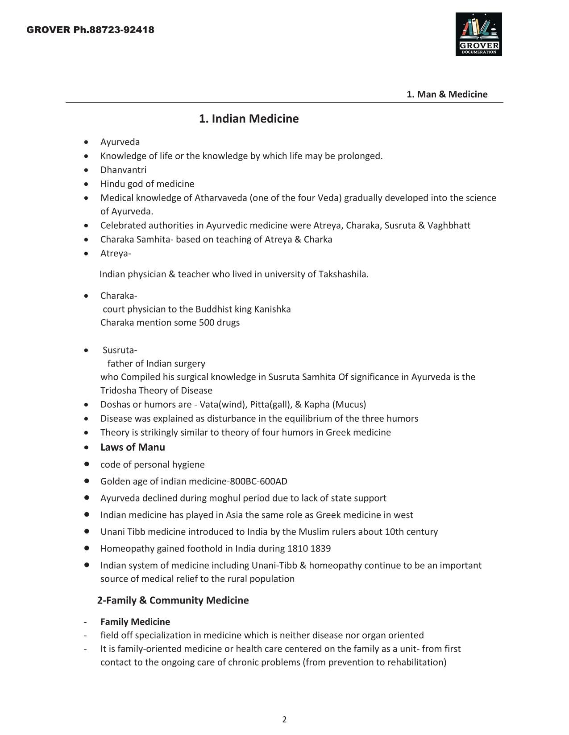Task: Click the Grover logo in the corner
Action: (478, 34)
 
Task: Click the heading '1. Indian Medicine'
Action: (249, 119)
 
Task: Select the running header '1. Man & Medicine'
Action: (447, 94)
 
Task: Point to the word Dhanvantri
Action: (123, 170)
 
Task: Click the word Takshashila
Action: (342, 274)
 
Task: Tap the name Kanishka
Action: (272, 309)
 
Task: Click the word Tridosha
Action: (118, 390)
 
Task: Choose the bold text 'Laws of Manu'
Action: (133, 448)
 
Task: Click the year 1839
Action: (321, 549)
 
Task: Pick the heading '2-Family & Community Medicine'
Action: (173, 600)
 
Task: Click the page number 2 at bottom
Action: (284, 719)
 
